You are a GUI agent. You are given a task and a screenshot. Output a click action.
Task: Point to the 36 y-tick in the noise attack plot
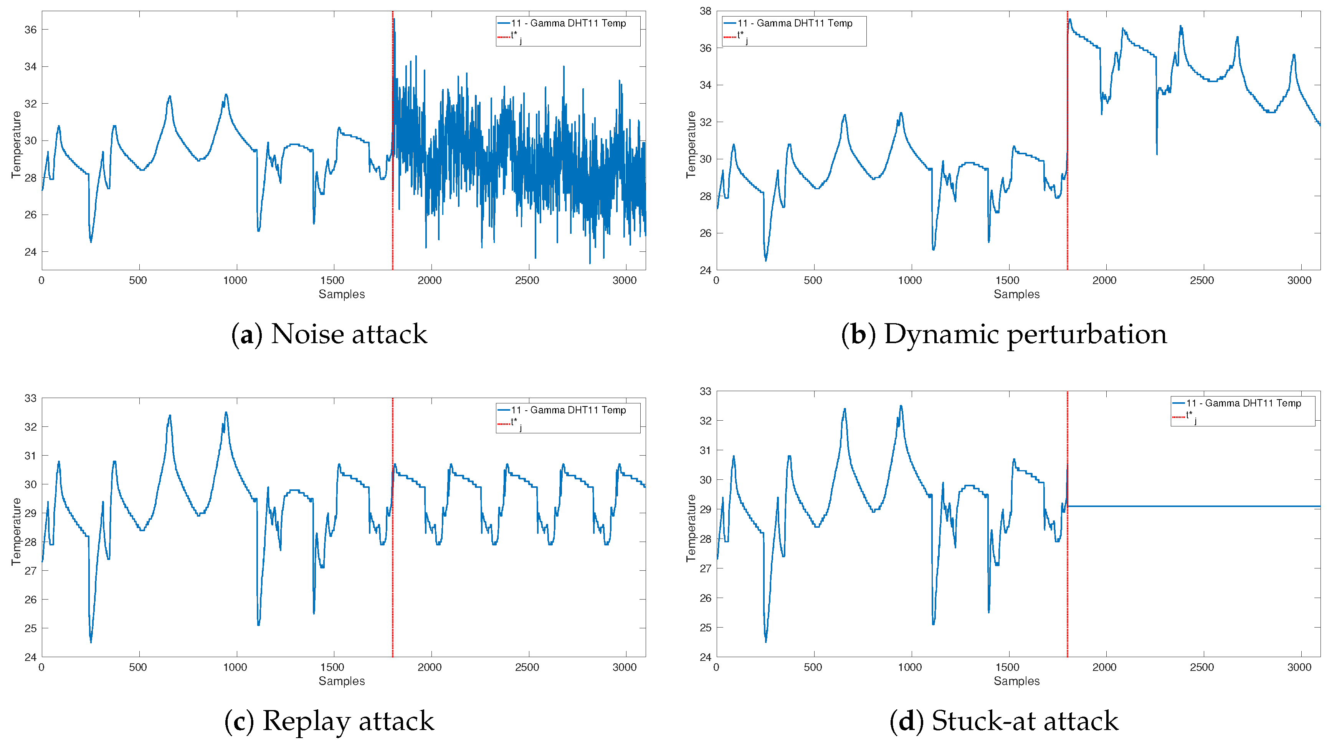point(31,30)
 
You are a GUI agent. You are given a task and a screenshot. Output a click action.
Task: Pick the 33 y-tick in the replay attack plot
point(31,398)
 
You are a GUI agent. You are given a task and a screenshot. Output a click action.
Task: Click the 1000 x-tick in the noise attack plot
point(235,281)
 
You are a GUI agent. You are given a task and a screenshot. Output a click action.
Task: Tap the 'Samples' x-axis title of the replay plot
point(342,681)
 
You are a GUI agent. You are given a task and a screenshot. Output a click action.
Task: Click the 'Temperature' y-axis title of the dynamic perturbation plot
point(691,144)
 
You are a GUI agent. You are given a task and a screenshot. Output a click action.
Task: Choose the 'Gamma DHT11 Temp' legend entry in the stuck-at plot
point(1243,403)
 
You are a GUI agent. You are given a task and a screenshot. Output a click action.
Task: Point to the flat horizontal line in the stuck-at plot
point(1194,506)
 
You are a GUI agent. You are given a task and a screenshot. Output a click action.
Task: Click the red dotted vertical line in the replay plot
point(392,571)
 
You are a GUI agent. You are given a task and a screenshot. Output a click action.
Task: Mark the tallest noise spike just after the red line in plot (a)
point(394,20)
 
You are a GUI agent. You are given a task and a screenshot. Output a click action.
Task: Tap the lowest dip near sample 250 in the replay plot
point(91,641)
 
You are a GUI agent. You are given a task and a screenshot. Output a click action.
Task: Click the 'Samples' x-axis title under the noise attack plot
point(342,294)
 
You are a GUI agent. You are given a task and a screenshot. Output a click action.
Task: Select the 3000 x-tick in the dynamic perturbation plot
point(1299,281)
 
